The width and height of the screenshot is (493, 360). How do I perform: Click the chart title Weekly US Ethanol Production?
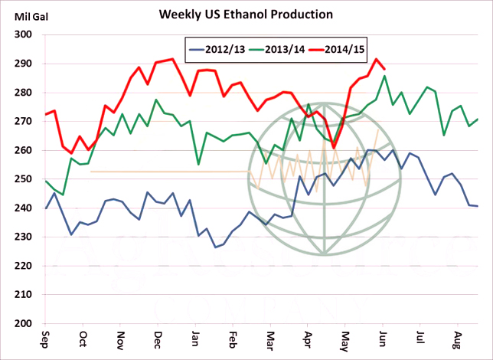click(x=246, y=15)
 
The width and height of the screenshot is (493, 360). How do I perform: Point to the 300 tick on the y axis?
click(x=23, y=35)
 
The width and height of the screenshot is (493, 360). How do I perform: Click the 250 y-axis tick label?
click(x=23, y=179)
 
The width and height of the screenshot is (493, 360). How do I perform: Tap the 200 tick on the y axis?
click(x=23, y=323)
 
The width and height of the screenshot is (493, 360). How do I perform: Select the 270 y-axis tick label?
click(x=23, y=122)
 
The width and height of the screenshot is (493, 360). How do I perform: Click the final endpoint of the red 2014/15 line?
click(x=384, y=70)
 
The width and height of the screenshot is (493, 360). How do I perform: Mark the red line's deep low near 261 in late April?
click(x=334, y=148)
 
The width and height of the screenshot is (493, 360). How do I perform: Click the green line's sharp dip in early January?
click(x=198, y=165)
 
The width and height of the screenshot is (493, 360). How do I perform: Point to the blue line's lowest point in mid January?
click(x=215, y=247)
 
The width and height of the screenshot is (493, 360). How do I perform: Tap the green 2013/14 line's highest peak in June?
click(x=384, y=76)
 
